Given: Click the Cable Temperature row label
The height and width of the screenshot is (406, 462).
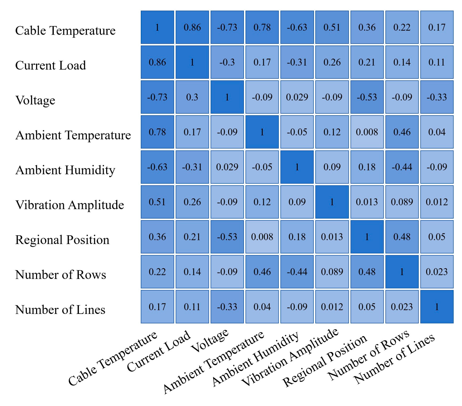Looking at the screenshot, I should click(65, 30).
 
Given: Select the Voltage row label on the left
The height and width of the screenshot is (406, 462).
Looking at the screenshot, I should click(35, 100).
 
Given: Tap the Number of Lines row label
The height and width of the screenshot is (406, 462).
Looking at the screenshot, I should click(60, 309).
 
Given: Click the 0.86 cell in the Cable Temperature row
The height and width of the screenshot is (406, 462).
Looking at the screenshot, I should click(192, 27).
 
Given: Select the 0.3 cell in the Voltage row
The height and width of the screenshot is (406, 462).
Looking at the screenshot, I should click(192, 97).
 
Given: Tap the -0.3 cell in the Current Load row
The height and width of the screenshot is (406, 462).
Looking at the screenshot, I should click(227, 62).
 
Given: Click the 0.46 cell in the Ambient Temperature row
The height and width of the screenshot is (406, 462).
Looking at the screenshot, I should click(402, 132).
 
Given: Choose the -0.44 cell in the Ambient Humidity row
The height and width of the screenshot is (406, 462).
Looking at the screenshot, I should click(402, 167).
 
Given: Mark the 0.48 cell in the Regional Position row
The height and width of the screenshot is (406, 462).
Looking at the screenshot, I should click(402, 237).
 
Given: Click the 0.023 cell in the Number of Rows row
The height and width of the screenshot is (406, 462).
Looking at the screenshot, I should click(437, 272).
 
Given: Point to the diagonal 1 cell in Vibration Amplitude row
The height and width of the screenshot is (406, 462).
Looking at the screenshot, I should click(332, 202).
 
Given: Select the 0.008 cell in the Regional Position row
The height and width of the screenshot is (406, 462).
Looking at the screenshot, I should click(262, 237).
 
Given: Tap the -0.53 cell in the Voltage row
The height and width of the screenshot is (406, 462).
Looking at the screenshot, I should click(367, 97).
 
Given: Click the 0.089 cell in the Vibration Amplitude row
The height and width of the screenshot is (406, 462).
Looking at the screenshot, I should click(402, 202).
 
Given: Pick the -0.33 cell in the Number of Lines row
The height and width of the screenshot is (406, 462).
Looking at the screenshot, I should click(227, 307).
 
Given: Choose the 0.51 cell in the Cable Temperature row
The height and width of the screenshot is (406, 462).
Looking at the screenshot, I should click(332, 27).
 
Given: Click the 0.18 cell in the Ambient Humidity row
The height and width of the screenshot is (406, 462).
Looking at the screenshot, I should click(367, 167).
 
